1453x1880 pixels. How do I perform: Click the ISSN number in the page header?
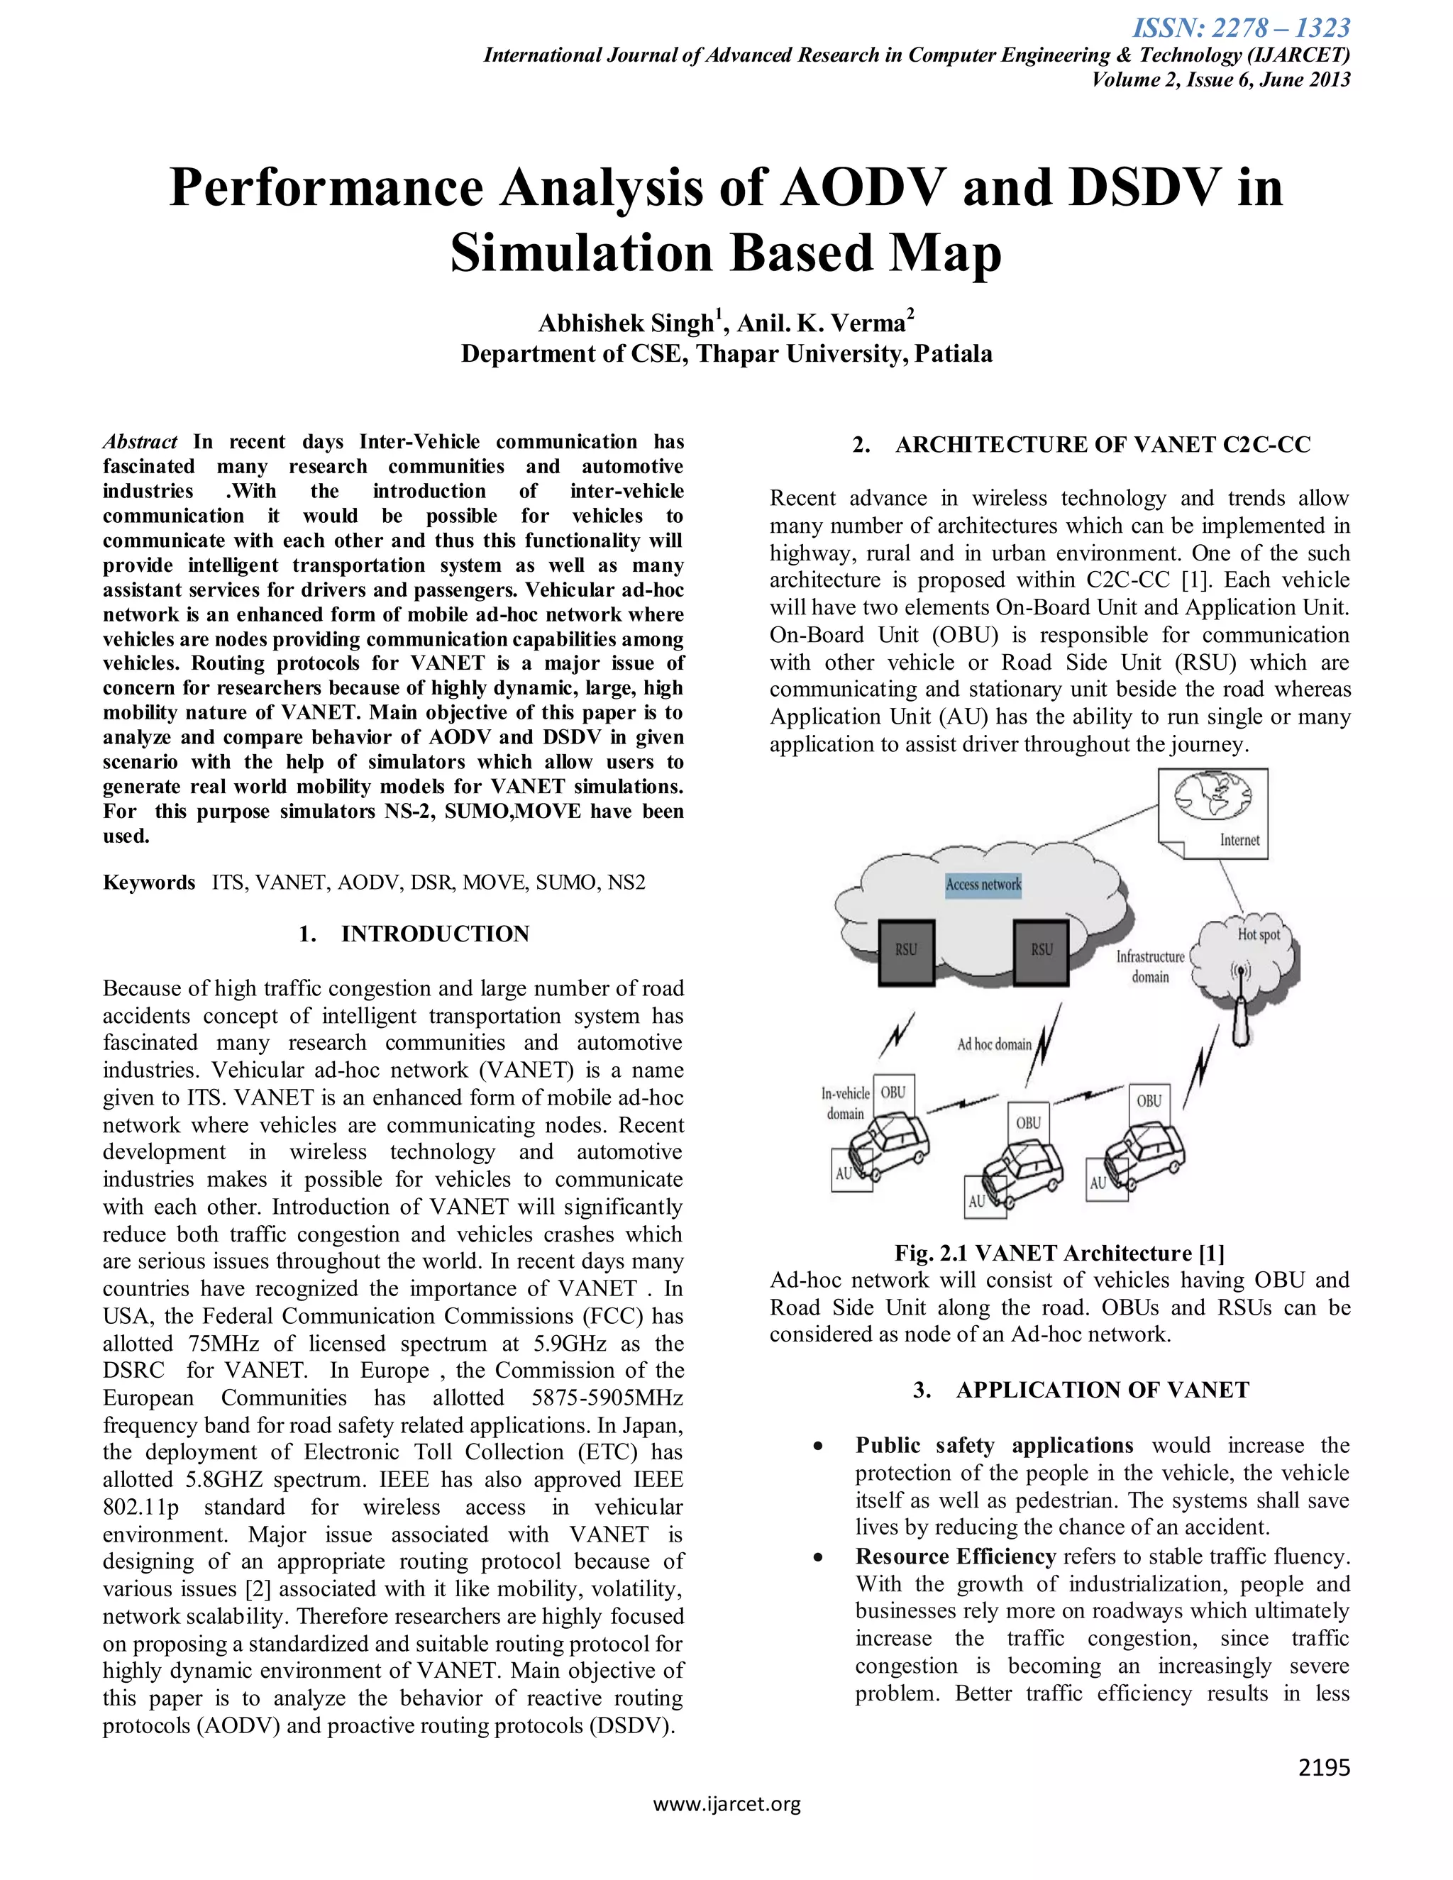click(1240, 28)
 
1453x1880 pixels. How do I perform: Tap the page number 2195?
click(1324, 1767)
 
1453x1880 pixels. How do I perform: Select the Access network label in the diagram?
click(983, 884)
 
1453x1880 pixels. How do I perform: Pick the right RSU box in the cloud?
click(1042, 951)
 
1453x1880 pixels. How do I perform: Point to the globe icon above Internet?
click(1212, 798)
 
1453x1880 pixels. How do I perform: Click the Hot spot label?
click(1259, 935)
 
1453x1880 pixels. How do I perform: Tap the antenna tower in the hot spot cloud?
click(1240, 1012)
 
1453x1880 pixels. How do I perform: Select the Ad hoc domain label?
click(994, 1044)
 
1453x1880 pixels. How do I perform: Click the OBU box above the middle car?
click(1029, 1122)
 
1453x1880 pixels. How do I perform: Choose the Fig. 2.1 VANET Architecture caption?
click(1060, 1252)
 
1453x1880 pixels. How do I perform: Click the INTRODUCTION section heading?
click(435, 934)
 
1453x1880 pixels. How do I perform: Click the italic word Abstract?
click(140, 441)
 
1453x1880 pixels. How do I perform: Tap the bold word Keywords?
click(149, 883)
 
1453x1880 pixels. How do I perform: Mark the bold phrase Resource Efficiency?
click(956, 1556)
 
